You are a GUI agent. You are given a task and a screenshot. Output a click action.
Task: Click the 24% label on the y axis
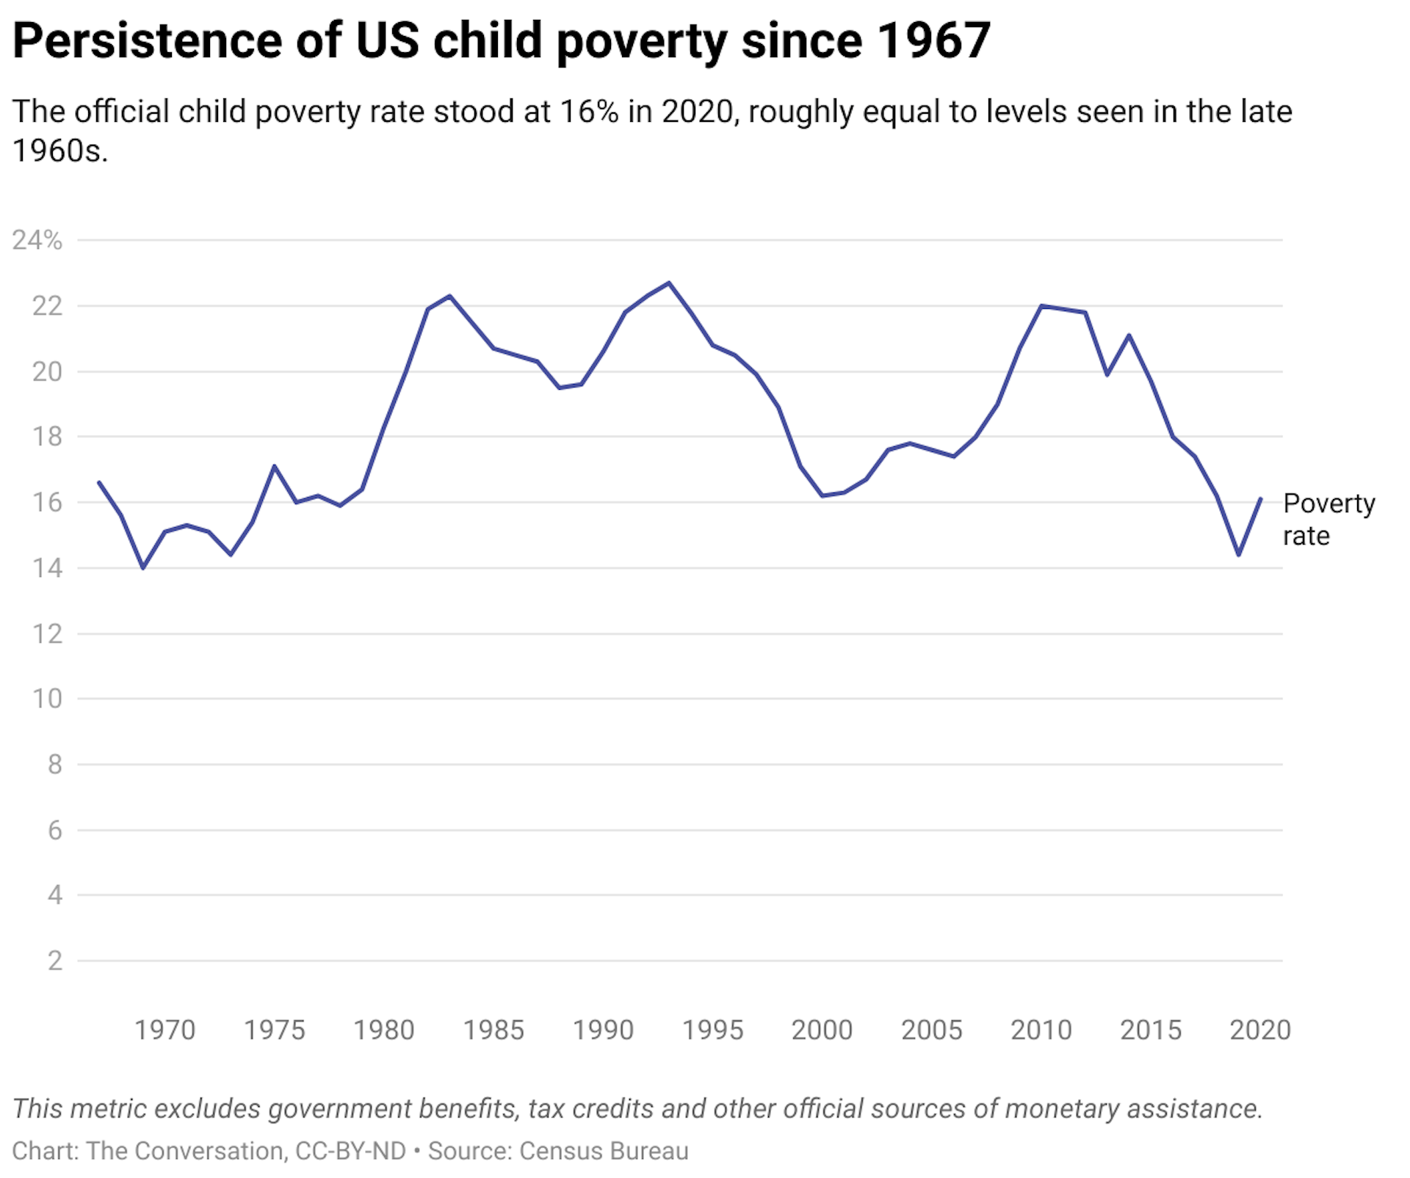pos(37,240)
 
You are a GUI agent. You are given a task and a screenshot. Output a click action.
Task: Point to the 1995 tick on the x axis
pos(712,1030)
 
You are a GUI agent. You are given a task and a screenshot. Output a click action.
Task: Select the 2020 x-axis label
pos(1260,1030)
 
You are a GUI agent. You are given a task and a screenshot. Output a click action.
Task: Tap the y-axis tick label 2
pos(54,960)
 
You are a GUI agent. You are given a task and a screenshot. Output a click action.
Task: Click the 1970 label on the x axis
pos(164,1030)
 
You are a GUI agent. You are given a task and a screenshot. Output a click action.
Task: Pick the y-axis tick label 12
pos(47,633)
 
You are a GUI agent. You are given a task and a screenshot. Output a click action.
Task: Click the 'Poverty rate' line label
pos(1328,520)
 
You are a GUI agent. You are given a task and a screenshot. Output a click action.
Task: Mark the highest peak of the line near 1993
pos(668,283)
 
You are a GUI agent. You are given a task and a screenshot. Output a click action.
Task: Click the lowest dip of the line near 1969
pos(142,567)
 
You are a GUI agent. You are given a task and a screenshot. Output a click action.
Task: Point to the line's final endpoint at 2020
pos(1260,499)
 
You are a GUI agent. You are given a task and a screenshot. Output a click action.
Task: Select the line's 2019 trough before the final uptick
pos(1238,554)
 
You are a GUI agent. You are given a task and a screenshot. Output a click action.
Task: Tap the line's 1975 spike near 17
pos(274,466)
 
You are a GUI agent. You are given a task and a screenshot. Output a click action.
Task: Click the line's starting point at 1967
pos(99,482)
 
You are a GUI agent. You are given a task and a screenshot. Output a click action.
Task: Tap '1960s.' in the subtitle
pos(60,151)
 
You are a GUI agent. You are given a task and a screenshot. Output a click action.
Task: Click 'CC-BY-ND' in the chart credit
pos(350,1151)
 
